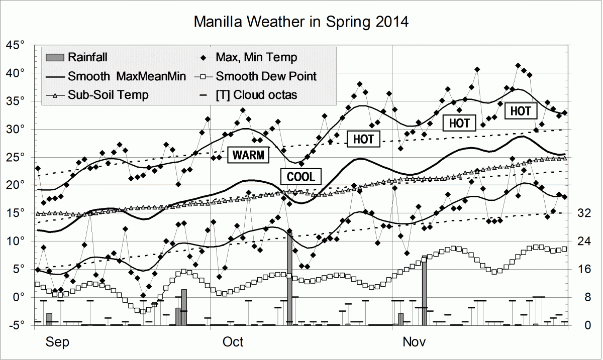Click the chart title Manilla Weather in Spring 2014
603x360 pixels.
tap(301, 22)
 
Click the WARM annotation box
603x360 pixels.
tap(248, 155)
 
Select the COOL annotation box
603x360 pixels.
tap(300, 176)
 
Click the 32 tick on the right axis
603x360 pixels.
tap(583, 213)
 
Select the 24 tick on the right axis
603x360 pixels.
tap(583, 241)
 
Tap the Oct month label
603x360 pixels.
tap(233, 342)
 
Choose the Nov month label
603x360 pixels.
tap(415, 342)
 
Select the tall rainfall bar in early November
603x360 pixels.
tap(424, 291)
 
